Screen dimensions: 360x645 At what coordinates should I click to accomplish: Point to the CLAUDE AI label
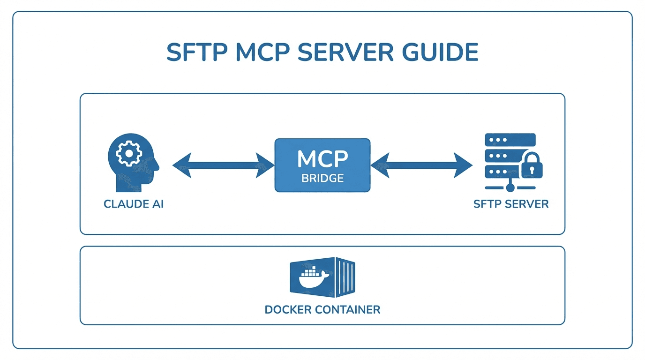coord(134,204)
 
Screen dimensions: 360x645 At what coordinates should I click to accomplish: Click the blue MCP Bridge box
coord(322,165)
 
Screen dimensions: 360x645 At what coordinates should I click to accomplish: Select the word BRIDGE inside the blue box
coord(322,179)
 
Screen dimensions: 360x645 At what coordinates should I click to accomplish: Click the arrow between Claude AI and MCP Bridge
coord(223,165)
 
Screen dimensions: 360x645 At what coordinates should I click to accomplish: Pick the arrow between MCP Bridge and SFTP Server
coord(421,165)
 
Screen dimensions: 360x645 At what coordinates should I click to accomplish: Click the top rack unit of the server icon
coord(510,140)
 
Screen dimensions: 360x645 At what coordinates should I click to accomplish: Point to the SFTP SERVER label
coord(511,204)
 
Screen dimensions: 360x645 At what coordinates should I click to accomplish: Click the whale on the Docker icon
coord(313,279)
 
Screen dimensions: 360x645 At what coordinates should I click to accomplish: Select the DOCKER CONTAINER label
coord(322,310)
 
